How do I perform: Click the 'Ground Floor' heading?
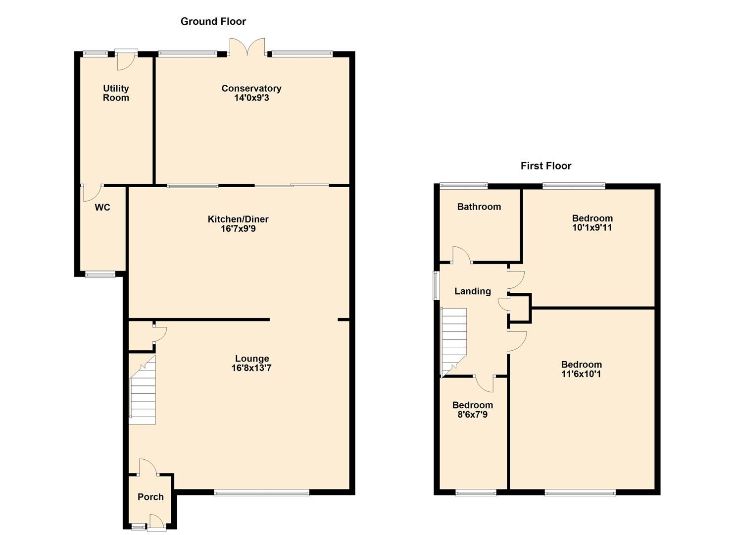[x=213, y=21]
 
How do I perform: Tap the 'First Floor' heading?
[x=545, y=166]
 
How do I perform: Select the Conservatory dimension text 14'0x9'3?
[x=251, y=98]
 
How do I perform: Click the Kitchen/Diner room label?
[x=238, y=219]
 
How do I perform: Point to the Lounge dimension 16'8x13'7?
[x=251, y=368]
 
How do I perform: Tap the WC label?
[x=102, y=208]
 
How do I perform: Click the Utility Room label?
[x=116, y=93]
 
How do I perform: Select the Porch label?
[x=150, y=497]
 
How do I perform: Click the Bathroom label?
[x=479, y=207]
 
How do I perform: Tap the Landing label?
[x=473, y=291]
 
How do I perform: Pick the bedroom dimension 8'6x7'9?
[x=472, y=415]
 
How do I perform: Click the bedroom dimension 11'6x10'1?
[x=581, y=374]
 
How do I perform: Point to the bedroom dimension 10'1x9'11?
[x=592, y=228]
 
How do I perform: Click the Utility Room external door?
[x=126, y=59]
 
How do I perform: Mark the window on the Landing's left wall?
[x=436, y=285]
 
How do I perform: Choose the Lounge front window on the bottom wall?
[x=261, y=492]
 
